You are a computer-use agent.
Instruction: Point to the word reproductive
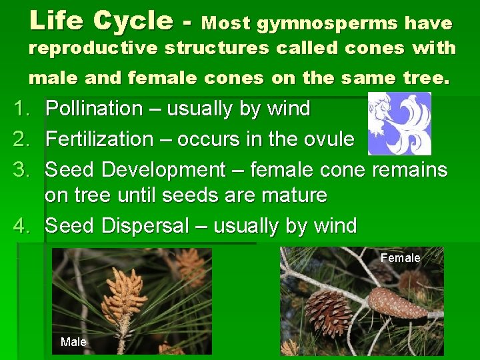[x=93, y=49]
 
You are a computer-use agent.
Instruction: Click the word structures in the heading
[x=218, y=49]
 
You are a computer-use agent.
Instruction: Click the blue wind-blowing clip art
[x=399, y=124]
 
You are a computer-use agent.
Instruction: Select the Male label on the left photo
[x=73, y=342]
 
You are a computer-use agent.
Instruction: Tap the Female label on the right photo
[x=400, y=258]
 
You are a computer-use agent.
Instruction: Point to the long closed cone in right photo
[x=397, y=304]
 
